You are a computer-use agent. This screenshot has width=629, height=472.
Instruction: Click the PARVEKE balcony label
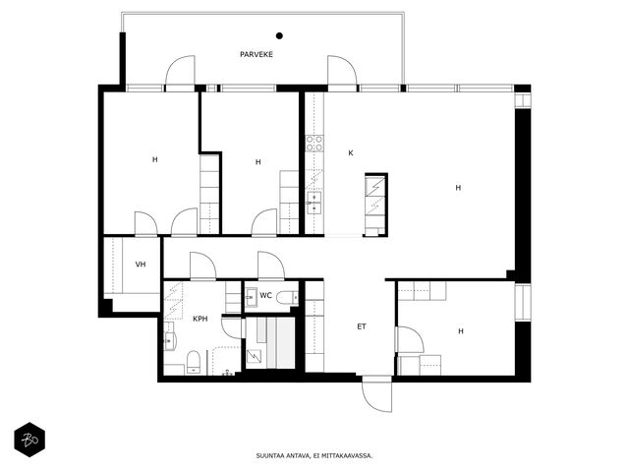[257, 54]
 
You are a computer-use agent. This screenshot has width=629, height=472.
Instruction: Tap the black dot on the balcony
[279, 35]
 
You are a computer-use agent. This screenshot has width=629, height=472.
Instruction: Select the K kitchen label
[351, 153]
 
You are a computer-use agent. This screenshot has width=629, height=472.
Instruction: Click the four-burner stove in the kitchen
[314, 144]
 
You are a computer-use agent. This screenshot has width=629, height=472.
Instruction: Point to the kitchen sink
[314, 204]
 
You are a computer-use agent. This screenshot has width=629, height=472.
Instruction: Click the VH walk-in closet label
[141, 265]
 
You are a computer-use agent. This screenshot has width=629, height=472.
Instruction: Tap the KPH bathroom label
[200, 319]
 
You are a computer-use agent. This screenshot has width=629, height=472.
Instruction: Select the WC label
[266, 296]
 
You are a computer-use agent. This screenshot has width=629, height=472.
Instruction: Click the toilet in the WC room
[288, 297]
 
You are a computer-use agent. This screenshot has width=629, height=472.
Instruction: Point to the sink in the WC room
[252, 297]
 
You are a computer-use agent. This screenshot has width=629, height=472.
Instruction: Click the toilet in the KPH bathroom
[194, 362]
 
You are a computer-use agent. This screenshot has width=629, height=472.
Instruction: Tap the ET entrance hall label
[362, 326]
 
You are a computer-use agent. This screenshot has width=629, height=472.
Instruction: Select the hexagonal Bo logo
[29, 440]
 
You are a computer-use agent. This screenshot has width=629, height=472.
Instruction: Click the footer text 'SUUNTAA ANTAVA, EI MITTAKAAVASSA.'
[314, 456]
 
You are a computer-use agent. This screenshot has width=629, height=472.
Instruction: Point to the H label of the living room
[458, 188]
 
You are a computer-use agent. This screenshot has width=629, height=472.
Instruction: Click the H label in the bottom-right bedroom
[461, 331]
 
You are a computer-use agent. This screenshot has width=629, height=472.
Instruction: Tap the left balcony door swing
[180, 70]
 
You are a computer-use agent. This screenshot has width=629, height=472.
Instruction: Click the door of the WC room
[271, 265]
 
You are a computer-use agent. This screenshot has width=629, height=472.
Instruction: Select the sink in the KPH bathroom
[170, 341]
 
